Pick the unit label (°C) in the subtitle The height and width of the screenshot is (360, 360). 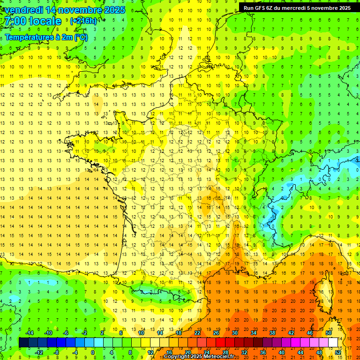[x=80, y=37]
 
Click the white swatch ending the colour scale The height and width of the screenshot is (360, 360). [x=333, y=343]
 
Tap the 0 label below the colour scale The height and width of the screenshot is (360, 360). [x=92, y=352]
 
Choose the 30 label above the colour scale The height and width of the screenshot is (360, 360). [x=234, y=333]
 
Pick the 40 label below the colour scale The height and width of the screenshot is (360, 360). [x=282, y=352]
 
